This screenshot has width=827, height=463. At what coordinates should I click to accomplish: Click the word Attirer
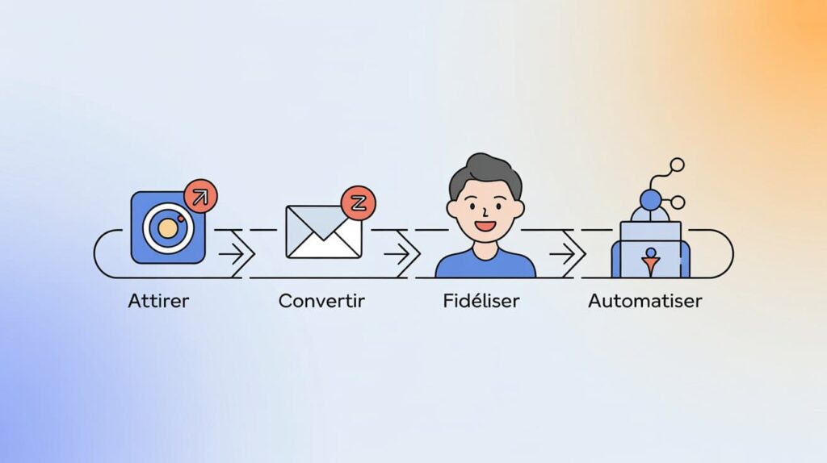tap(159, 302)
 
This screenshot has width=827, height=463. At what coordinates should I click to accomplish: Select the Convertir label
tap(321, 302)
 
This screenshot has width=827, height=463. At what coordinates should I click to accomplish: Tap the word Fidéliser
tap(481, 302)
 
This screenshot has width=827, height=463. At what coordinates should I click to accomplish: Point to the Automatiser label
tap(644, 302)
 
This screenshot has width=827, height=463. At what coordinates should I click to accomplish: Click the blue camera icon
tap(168, 227)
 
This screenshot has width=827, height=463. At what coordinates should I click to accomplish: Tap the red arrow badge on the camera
tap(200, 195)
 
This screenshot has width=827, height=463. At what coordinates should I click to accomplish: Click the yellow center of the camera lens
tap(168, 228)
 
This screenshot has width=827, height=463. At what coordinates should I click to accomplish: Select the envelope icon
tap(323, 231)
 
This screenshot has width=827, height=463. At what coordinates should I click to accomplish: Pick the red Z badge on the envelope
tap(358, 202)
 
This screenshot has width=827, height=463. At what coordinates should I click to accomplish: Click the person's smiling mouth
tap(485, 226)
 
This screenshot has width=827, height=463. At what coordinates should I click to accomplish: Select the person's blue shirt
tap(485, 265)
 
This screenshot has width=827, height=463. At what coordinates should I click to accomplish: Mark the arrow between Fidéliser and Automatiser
tap(566, 254)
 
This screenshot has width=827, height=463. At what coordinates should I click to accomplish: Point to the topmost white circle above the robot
tap(677, 165)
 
